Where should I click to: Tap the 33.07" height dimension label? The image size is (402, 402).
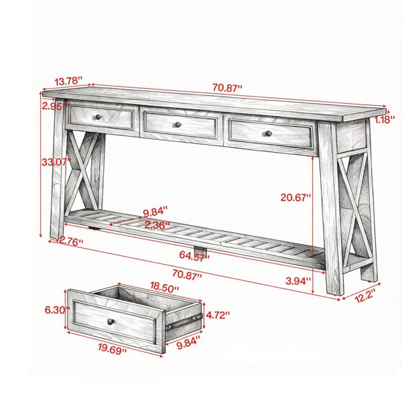56,162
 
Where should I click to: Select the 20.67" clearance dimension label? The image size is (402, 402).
295,198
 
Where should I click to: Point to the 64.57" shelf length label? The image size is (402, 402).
194,256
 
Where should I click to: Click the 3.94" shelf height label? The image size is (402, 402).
298,281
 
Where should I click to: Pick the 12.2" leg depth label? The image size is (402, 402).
366,295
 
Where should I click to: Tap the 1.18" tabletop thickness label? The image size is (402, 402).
385,119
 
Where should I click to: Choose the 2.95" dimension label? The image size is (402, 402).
54,106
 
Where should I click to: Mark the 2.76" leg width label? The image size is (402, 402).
71,241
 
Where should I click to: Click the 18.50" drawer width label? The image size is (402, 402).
164,287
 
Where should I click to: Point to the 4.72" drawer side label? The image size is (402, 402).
218,315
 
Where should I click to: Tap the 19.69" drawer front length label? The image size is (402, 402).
113,348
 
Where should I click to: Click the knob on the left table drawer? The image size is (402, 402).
98,117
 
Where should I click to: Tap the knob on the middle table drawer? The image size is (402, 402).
178,125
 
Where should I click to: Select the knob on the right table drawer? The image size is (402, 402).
269,133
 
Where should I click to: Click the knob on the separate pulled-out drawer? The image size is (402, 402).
111,321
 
